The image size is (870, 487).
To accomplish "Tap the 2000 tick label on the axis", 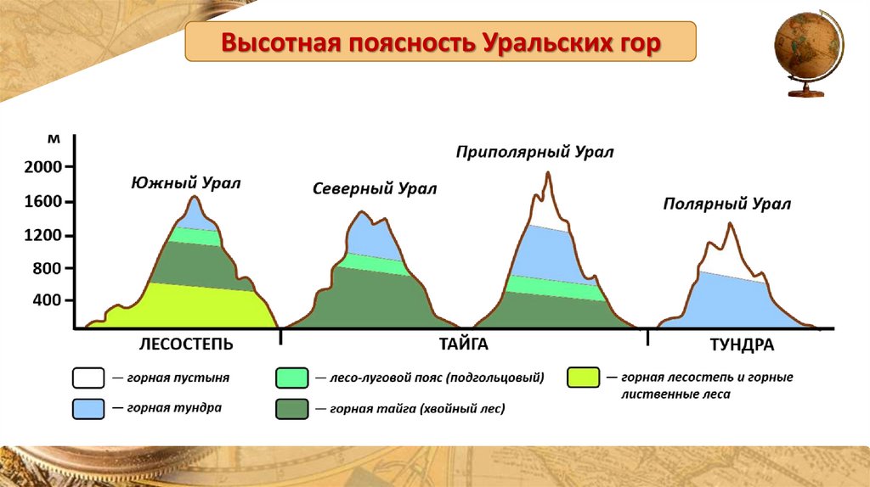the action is pyautogui.click(x=42, y=167).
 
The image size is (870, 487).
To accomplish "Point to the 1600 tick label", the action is pyautogui.click(x=42, y=201).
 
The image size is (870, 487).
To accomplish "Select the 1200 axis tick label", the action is pyautogui.click(x=42, y=236).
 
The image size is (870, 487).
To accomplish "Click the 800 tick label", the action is pyautogui.click(x=48, y=269).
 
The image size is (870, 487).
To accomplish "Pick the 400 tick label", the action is pyautogui.click(x=48, y=300).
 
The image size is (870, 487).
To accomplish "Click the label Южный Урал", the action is pyautogui.click(x=186, y=183).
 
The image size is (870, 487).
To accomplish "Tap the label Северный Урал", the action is pyautogui.click(x=375, y=189).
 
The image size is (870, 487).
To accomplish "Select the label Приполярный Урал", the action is pyautogui.click(x=535, y=153).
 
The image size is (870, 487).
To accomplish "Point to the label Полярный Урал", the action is pyautogui.click(x=727, y=204).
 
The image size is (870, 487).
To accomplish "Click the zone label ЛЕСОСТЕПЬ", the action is pyautogui.click(x=186, y=344).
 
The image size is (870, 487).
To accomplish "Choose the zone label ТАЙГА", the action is pyautogui.click(x=464, y=344).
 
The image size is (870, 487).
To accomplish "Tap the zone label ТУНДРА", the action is pyautogui.click(x=742, y=345).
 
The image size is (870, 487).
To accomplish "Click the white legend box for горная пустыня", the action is pyautogui.click(x=88, y=378).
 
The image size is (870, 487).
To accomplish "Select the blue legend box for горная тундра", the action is pyautogui.click(x=88, y=409).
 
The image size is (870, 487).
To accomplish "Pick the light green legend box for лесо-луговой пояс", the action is pyautogui.click(x=292, y=378).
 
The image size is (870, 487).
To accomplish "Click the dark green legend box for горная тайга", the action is pyautogui.click(x=292, y=409).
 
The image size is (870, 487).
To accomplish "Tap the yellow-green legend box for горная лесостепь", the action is pyautogui.click(x=583, y=378).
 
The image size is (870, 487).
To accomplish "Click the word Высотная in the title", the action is pyautogui.click(x=280, y=42).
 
